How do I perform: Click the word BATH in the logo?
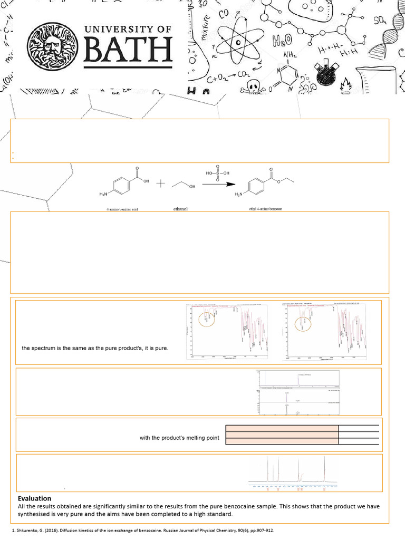128,52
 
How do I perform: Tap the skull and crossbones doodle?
256,86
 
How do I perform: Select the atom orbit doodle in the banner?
239,41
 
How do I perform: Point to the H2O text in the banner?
282,43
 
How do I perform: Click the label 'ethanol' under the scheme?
180,209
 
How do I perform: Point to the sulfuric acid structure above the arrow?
218,171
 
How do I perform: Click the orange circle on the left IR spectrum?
207,319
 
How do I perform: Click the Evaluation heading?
34,498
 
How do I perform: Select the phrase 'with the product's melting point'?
179,438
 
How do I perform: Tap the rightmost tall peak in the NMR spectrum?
324,469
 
